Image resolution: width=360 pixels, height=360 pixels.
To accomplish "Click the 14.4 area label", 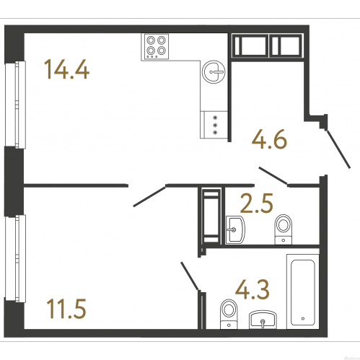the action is [x=66, y=69].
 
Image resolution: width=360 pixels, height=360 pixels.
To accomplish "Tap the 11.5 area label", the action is [x=66, y=309].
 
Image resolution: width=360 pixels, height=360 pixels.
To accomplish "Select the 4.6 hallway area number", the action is [x=270, y=139].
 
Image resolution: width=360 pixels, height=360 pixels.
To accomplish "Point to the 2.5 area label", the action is [x=257, y=203].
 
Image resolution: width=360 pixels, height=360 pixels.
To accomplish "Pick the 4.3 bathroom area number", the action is [x=253, y=289].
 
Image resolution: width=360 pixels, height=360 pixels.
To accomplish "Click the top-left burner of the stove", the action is [x=151, y=40].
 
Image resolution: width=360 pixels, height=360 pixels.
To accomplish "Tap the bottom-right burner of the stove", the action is [x=162, y=51].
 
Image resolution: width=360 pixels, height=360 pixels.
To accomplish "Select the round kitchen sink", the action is [x=214, y=71].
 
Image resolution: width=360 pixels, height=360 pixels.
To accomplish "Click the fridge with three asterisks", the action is [x=214, y=125].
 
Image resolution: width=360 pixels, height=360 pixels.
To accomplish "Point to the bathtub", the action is [x=303, y=291].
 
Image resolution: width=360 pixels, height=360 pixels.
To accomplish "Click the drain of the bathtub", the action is [x=303, y=318].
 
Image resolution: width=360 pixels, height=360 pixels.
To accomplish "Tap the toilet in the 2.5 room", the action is [x=284, y=229].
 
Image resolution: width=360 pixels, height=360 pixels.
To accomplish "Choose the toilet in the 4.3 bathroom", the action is [x=229, y=314].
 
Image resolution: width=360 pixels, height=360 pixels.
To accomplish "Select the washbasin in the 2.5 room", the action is [x=235, y=230].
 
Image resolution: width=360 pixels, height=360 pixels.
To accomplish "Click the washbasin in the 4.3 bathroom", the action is [x=263, y=320].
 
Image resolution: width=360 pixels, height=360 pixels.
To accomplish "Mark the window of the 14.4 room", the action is [x=16, y=105].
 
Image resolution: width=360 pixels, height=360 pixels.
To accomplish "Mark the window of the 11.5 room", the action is [x=16, y=258].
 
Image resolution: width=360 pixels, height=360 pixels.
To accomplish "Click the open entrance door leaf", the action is [x=338, y=149].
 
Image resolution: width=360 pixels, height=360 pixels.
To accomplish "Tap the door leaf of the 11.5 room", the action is [x=149, y=196].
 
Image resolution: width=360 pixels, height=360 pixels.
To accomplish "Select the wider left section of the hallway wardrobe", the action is [x=250, y=46].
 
